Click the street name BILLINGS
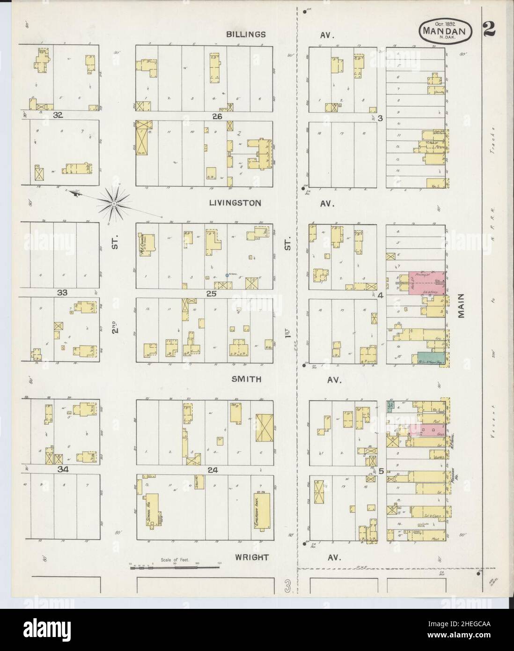(246, 34)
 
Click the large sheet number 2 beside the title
(490, 31)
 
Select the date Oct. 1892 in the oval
(445, 22)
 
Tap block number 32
(58, 114)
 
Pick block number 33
(63, 293)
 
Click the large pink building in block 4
(426, 283)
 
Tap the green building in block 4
(427, 358)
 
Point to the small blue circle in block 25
(227, 275)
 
